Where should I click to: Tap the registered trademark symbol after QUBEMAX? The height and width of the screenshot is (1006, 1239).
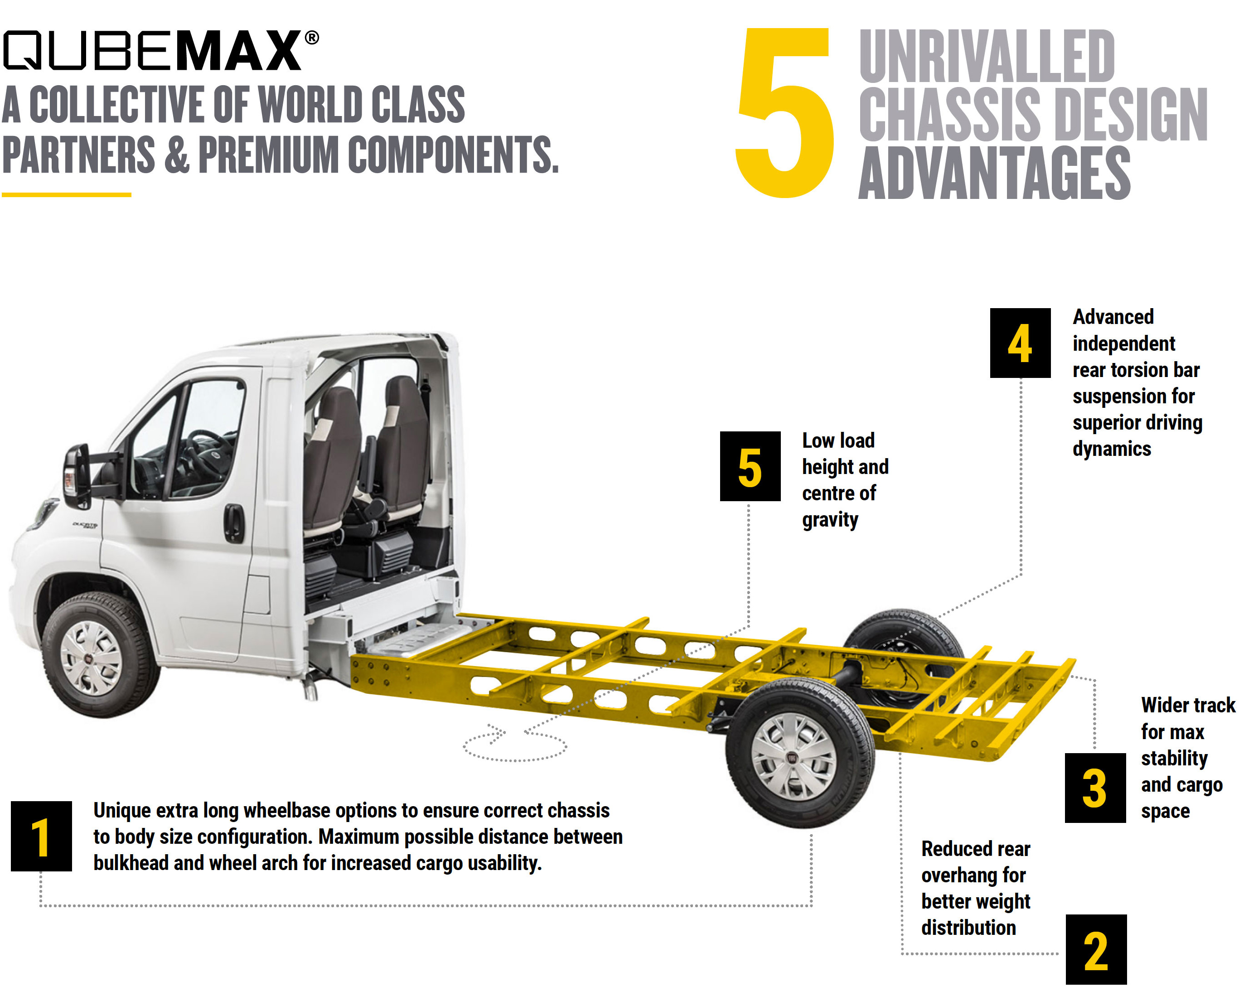[312, 38]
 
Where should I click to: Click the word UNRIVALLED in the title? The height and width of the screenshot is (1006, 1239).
[986, 56]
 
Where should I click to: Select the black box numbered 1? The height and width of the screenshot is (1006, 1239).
[41, 836]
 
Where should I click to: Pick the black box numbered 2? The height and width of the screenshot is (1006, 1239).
[1096, 949]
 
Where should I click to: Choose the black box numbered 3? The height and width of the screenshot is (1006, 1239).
[1095, 788]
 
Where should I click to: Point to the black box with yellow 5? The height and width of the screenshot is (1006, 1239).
[750, 466]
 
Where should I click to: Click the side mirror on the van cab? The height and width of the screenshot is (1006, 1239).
[77, 476]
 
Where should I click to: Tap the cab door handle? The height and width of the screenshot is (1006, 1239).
[234, 523]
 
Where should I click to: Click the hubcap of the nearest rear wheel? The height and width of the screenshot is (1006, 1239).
[794, 756]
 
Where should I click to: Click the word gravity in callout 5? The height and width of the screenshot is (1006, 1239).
[830, 520]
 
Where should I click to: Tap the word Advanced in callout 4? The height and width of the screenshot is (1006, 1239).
[1113, 317]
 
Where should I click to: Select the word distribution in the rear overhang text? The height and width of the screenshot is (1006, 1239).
[968, 928]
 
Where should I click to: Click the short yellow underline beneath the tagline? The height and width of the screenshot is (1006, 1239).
[67, 195]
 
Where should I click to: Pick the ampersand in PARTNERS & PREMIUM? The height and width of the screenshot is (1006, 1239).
[177, 155]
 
